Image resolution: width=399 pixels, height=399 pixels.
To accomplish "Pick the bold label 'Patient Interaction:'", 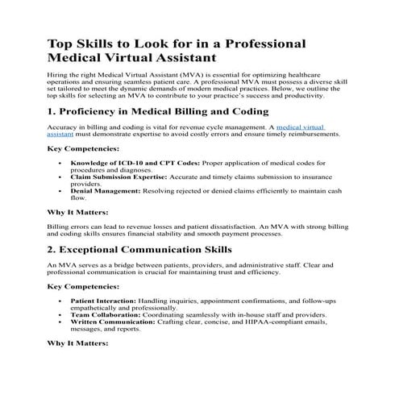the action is (x=106, y=299).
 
